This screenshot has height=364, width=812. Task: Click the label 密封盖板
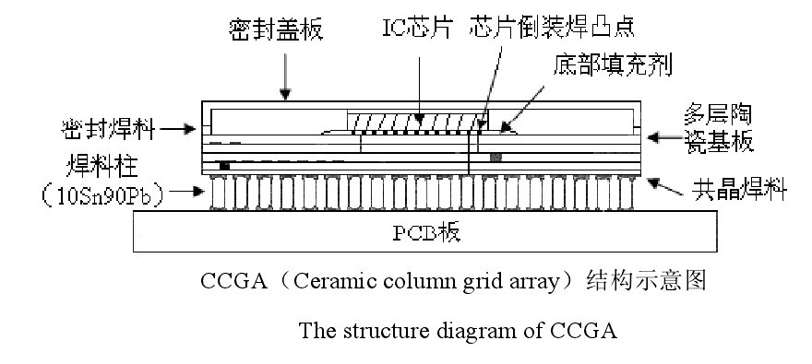275,29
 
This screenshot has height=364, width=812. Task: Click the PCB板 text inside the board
427,232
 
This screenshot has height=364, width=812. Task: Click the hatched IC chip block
415,121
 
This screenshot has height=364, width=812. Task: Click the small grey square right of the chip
496,158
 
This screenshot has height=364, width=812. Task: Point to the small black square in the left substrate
224,166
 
